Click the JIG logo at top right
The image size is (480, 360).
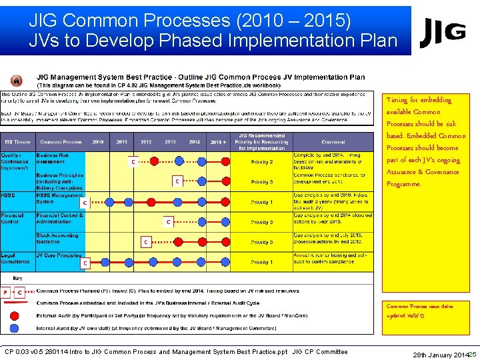coord(442,31)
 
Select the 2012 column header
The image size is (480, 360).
coord(146,142)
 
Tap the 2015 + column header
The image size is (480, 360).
coord(217,142)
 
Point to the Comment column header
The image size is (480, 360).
coord(333,142)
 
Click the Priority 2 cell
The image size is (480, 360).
coord(261,162)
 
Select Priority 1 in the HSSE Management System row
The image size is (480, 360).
coord(261,202)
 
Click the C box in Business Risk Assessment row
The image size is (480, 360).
coord(133,162)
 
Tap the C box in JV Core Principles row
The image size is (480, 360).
coord(85,263)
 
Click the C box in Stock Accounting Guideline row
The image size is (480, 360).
coord(145,243)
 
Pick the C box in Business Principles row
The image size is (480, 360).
coord(177,181)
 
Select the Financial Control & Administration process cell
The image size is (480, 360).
coord(60,219)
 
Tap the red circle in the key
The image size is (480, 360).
coord(14,315)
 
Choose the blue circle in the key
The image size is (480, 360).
coord(14,327)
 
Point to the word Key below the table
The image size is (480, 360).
coord(18,278)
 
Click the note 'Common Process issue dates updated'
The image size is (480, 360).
coord(419,311)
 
